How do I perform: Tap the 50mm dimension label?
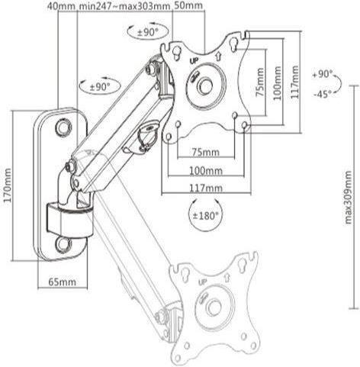point(188,7)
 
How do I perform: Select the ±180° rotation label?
point(204,217)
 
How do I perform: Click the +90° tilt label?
point(323,76)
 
